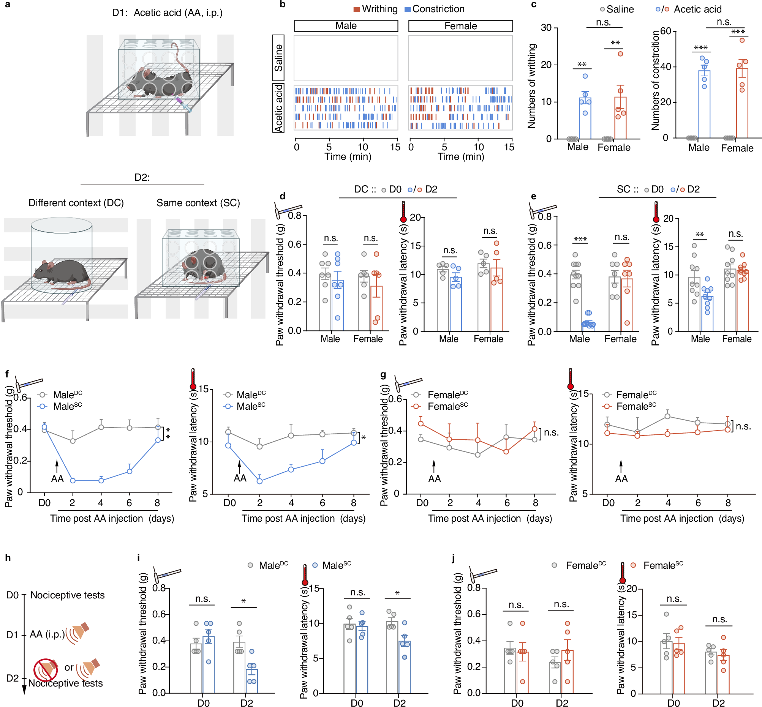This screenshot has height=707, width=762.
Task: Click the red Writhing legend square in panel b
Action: [x=356, y=9]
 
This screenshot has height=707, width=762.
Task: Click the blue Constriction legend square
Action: [x=408, y=9]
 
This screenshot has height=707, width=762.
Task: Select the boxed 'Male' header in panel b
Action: [x=346, y=26]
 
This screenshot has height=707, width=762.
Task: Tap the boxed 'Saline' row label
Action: [x=278, y=58]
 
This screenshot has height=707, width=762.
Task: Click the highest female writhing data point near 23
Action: [x=620, y=54]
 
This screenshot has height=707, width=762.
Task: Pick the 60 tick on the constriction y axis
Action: [x=666, y=31]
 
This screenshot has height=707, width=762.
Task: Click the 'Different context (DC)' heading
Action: [x=76, y=203]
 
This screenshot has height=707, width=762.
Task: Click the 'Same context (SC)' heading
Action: [x=198, y=203]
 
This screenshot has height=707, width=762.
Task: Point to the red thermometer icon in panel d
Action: [x=403, y=212]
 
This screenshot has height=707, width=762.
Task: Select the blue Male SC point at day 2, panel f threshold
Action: [x=73, y=481]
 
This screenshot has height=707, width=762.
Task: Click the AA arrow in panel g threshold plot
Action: [x=434, y=466]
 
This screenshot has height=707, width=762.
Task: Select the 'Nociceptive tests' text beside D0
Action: [x=67, y=595]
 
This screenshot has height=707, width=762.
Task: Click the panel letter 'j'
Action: [x=454, y=558]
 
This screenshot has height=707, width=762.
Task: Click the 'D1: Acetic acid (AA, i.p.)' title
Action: [x=167, y=13]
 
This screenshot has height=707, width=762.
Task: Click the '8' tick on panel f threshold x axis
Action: [x=157, y=503]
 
